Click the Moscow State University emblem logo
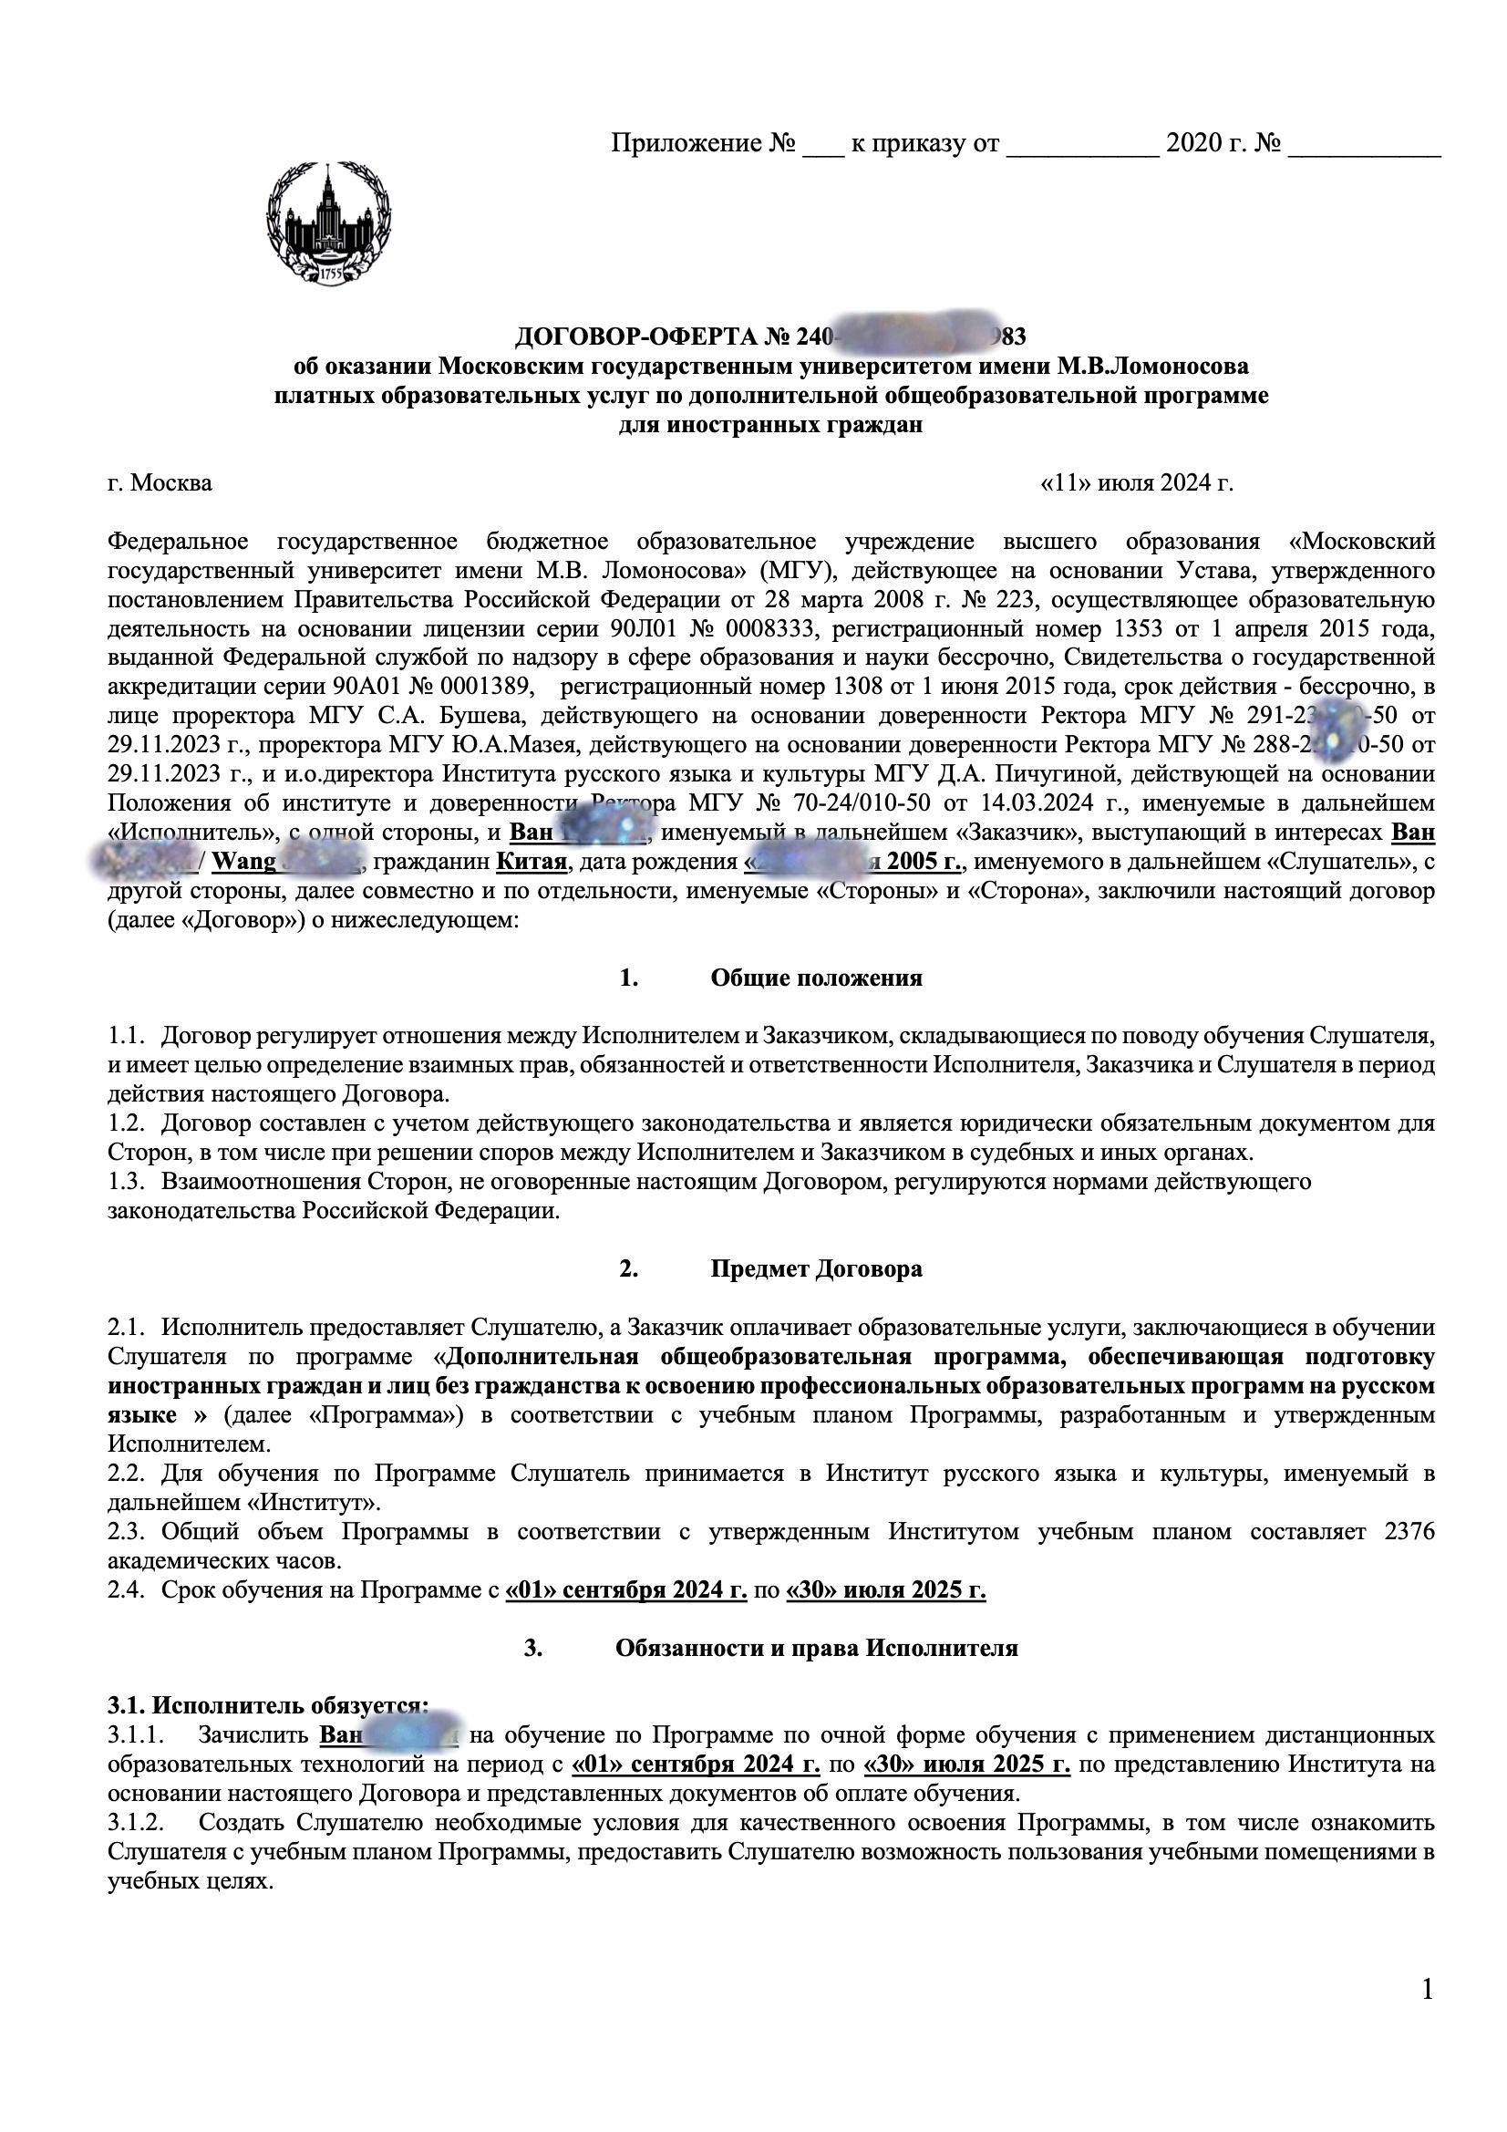point(329,224)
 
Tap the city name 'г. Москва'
point(160,483)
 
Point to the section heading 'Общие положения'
point(816,978)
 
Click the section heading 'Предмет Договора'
point(816,1268)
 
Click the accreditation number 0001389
point(488,688)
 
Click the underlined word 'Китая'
point(532,862)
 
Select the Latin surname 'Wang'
point(244,862)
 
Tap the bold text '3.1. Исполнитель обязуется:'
point(268,1704)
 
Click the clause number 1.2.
point(128,1123)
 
